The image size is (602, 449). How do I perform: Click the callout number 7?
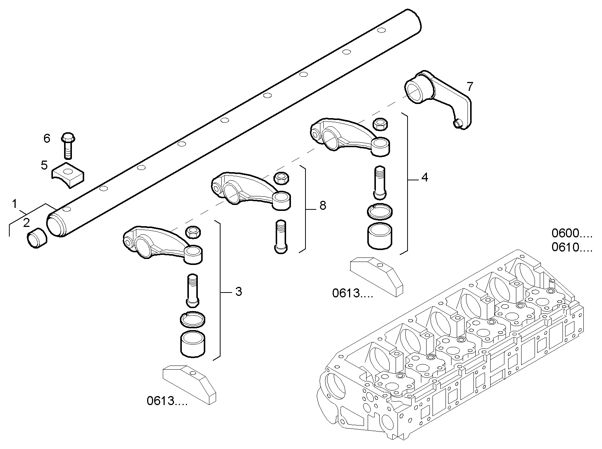pos(470,87)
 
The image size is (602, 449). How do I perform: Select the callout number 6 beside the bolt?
pos(47,139)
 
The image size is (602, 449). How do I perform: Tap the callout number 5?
pos(44,165)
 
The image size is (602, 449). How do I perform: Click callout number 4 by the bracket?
pos(424,177)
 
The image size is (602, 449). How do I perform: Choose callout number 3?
pos(238,291)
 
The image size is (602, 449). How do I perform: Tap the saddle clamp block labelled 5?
pos(68,174)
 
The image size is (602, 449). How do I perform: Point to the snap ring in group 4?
pos(380,212)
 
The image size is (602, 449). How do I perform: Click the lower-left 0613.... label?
pos(167,401)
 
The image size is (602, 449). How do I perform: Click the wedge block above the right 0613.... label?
pos(376,276)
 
